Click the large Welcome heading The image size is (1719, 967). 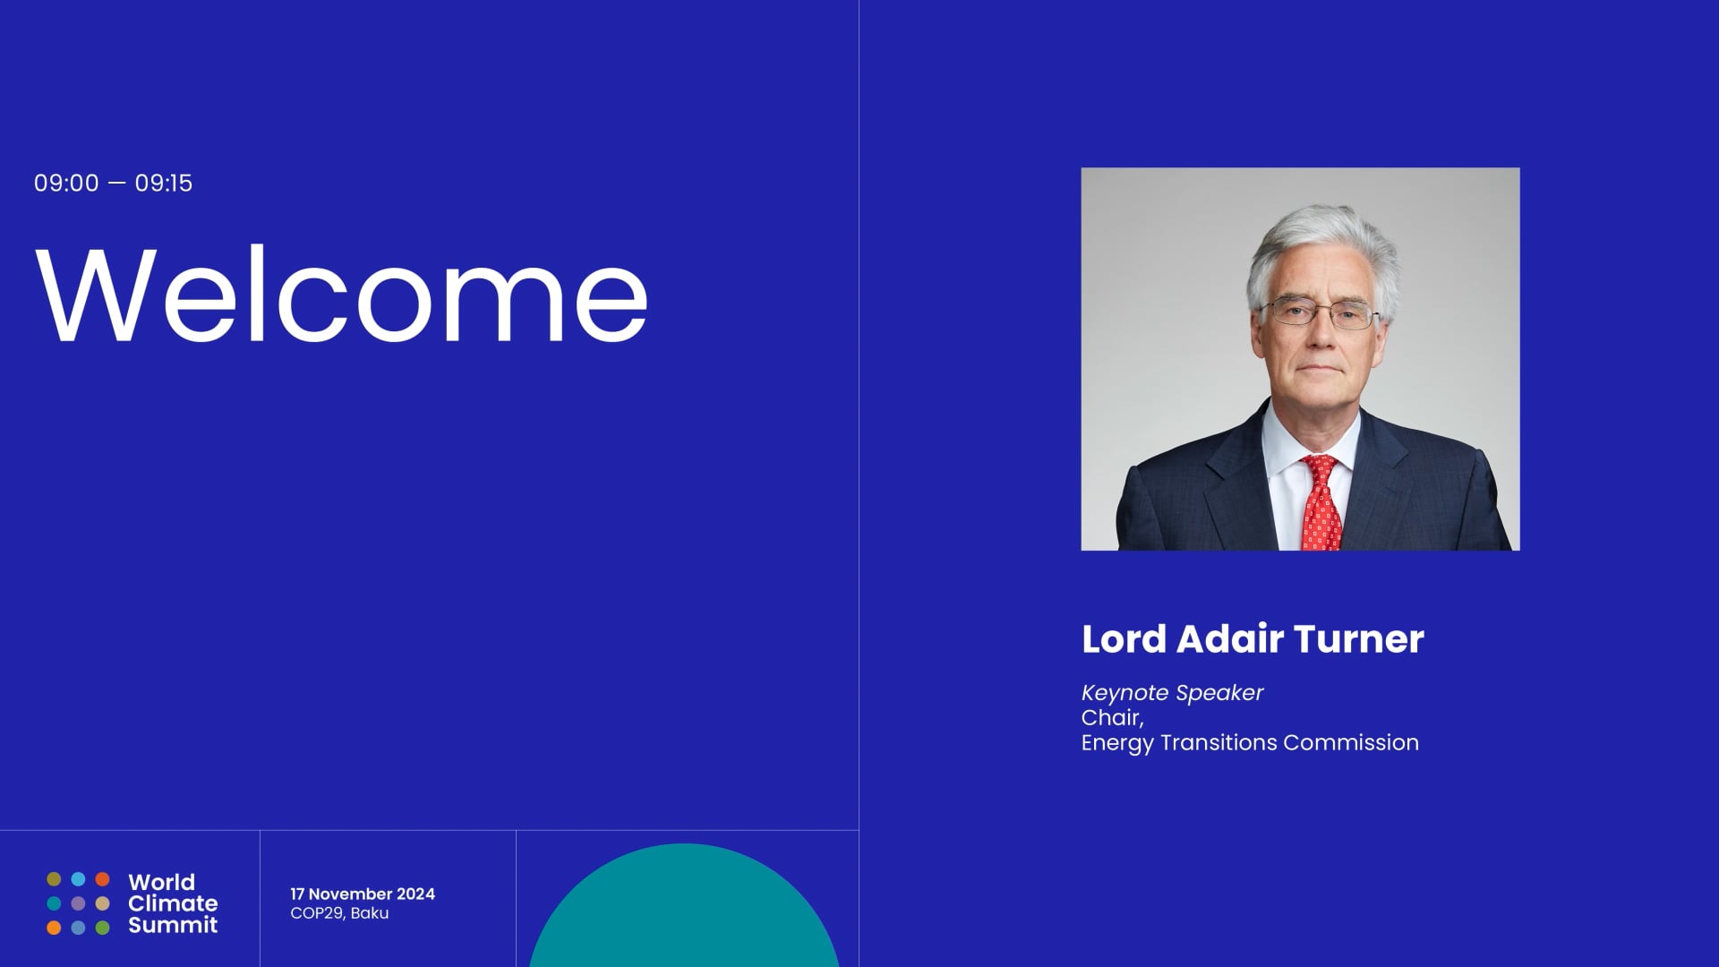click(x=341, y=294)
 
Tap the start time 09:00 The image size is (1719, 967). click(x=66, y=184)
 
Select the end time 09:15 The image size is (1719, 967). click(x=164, y=184)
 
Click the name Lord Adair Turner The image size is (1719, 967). click(x=1253, y=639)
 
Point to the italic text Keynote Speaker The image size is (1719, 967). click(x=1172, y=693)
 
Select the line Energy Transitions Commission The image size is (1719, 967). click(x=1250, y=743)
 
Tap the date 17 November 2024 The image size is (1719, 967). click(x=363, y=894)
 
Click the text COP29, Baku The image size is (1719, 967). click(x=339, y=913)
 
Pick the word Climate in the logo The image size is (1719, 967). click(x=173, y=903)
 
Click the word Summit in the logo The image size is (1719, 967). click(x=173, y=925)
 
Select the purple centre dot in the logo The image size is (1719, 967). click(x=78, y=903)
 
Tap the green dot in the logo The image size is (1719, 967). click(x=103, y=928)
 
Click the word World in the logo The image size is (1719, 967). click(x=161, y=882)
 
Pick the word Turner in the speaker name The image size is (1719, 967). click(x=1359, y=639)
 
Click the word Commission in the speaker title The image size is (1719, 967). click(x=1351, y=743)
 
